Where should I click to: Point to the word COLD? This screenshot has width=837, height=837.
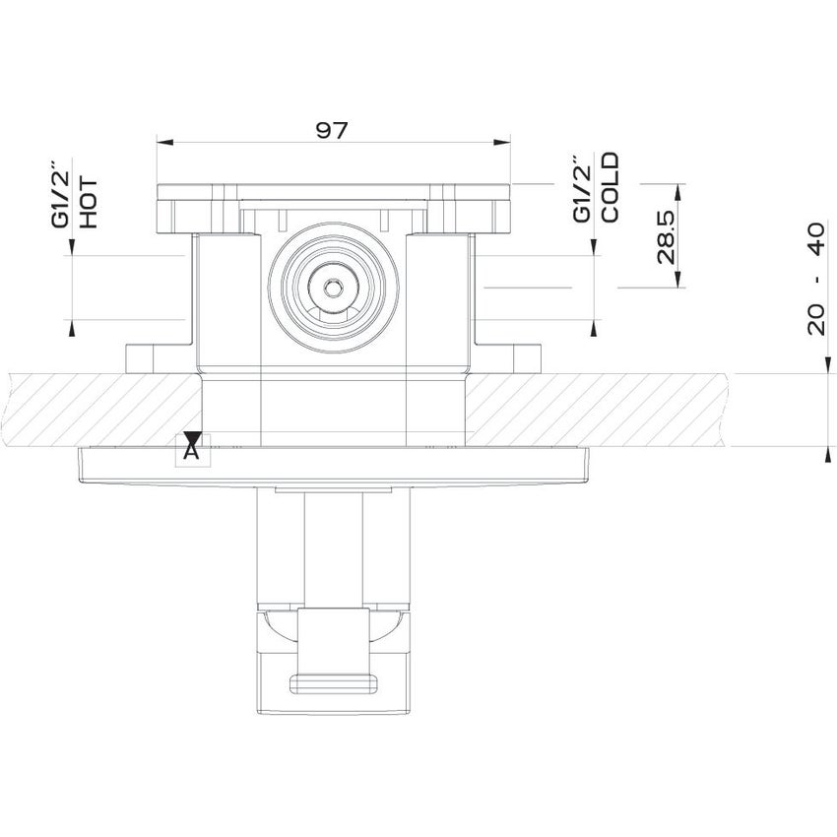click(x=610, y=187)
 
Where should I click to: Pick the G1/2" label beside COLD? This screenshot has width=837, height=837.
click(x=582, y=188)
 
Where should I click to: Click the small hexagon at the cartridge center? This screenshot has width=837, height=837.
click(x=333, y=289)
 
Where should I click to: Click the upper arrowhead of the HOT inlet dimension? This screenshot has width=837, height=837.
click(x=72, y=247)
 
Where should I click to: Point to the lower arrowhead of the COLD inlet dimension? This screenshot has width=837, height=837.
click(x=594, y=325)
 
